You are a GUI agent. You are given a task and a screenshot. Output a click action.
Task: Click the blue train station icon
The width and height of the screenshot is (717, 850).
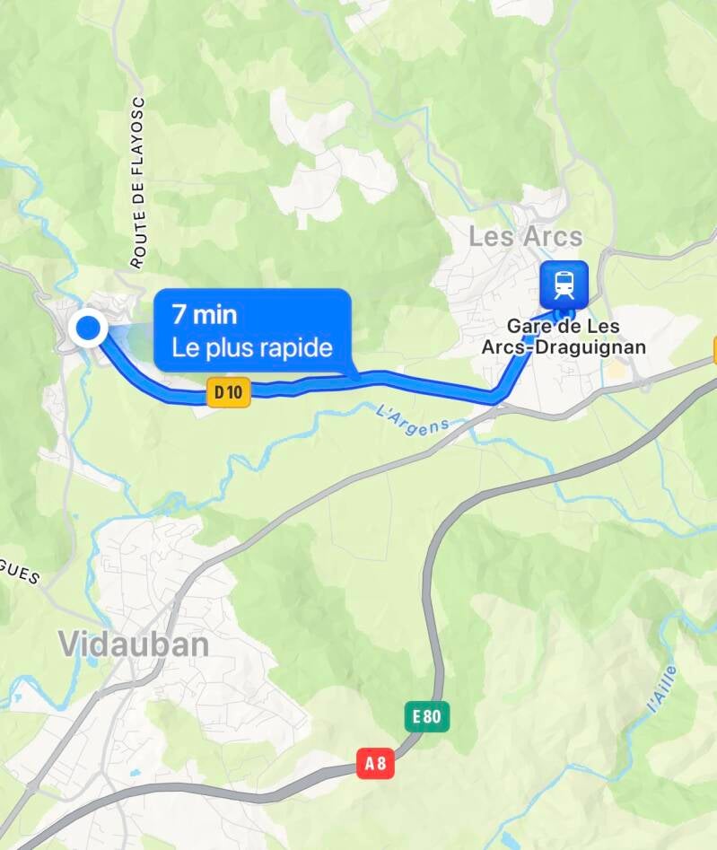[x=564, y=284]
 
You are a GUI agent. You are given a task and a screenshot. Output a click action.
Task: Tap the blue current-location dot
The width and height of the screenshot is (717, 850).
[x=88, y=329]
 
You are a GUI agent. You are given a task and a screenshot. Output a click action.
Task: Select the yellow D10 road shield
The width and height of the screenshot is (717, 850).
[x=228, y=391]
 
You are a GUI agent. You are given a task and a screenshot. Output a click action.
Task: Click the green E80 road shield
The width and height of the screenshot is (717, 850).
[x=426, y=716]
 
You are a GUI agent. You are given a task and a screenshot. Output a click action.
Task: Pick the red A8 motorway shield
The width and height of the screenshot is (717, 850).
[x=376, y=763]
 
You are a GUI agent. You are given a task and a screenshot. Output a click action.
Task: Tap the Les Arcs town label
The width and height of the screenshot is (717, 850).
[x=526, y=238]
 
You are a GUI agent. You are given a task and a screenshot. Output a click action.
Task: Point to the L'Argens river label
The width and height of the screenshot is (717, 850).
[x=412, y=417]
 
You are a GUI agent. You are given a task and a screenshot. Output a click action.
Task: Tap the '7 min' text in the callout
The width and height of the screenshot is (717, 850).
[x=205, y=316]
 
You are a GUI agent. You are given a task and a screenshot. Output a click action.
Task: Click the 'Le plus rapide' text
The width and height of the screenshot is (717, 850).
[x=252, y=347]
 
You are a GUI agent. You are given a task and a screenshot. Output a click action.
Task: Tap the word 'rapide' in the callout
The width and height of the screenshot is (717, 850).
[x=294, y=348]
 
